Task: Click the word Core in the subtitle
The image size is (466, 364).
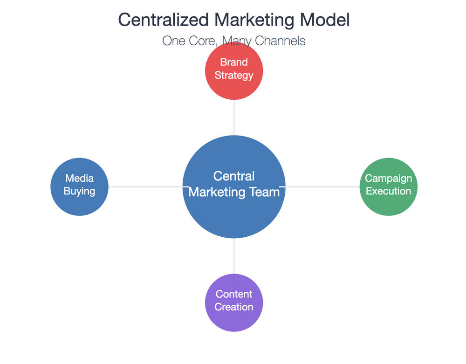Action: point(202,41)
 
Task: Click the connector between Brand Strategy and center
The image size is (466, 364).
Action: point(234,117)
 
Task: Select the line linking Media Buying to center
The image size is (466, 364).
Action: point(144,187)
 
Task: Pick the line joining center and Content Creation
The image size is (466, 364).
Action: point(234,256)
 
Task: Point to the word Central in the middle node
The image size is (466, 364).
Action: point(234,176)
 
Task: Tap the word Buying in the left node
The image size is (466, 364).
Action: point(79,191)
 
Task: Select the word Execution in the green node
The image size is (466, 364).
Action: point(389,191)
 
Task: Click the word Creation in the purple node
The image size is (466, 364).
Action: point(234,307)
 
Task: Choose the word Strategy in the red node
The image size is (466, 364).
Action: point(234,75)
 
